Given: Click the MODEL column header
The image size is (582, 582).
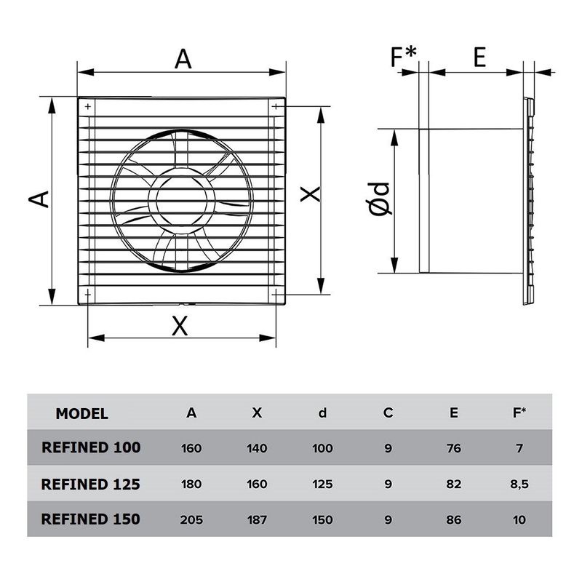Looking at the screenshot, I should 82,414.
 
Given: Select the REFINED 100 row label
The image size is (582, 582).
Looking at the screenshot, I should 91,448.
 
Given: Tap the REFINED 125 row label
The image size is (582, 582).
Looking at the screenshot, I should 91,484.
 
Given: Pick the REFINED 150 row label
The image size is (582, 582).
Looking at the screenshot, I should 91,519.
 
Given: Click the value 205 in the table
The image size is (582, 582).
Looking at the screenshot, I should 191,520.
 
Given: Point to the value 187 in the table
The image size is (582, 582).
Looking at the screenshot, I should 257,520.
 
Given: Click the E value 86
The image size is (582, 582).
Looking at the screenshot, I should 454,520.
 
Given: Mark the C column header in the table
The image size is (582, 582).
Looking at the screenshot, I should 388,413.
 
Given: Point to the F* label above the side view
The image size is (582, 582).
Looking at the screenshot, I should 404,57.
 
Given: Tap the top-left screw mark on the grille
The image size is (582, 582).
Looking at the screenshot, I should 89,107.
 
